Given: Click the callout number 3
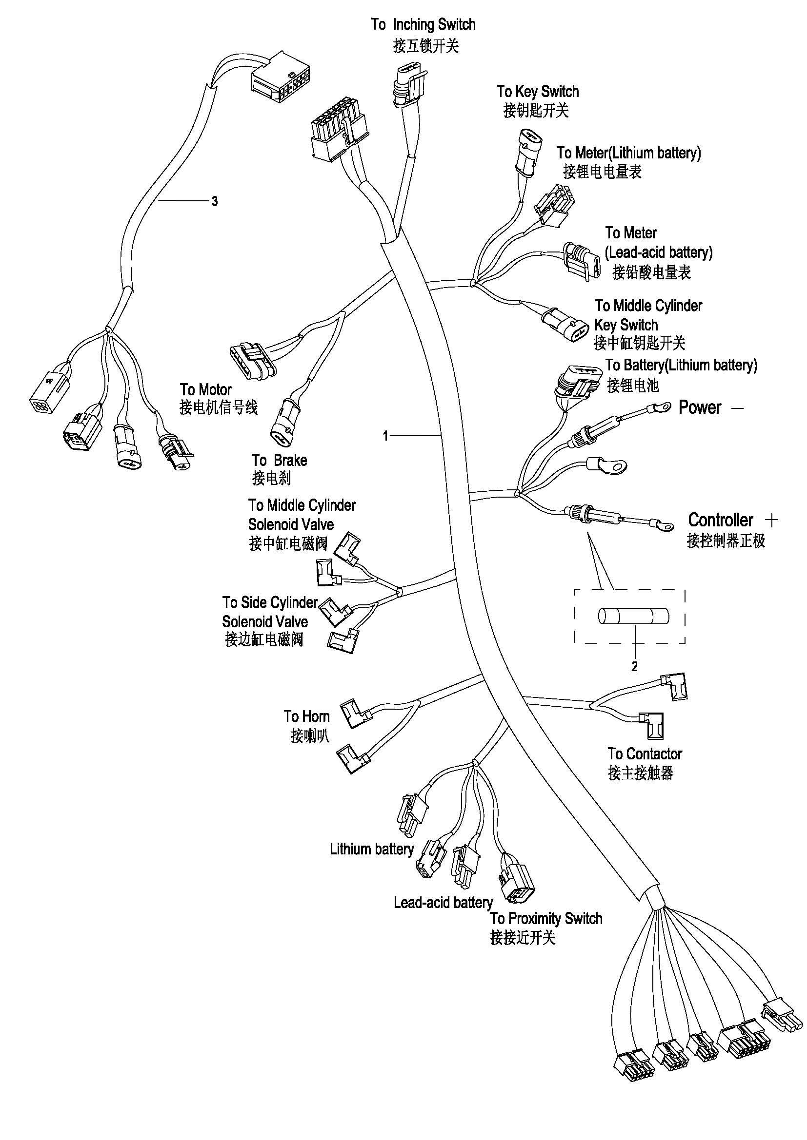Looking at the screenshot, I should (x=214, y=202).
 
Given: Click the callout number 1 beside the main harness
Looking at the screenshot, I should (x=385, y=436).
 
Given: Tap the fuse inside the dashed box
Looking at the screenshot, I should (x=633, y=617).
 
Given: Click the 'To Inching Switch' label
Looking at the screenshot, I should (x=423, y=24).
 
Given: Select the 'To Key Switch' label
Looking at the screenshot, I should (x=538, y=91).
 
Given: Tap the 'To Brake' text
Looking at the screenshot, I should (x=279, y=460).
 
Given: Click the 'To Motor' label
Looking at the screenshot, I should (x=206, y=389).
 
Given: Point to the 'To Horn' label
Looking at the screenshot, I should (x=306, y=716).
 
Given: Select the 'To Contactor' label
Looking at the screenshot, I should (x=645, y=754).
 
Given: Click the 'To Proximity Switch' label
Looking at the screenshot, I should (x=546, y=919).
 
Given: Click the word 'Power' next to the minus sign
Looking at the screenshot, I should (x=700, y=407).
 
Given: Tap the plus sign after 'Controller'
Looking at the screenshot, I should (x=772, y=521).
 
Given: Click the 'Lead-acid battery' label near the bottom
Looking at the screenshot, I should (x=443, y=902).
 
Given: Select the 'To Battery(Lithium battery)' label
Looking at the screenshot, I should (x=681, y=366).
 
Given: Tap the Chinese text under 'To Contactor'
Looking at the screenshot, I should (x=641, y=773).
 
